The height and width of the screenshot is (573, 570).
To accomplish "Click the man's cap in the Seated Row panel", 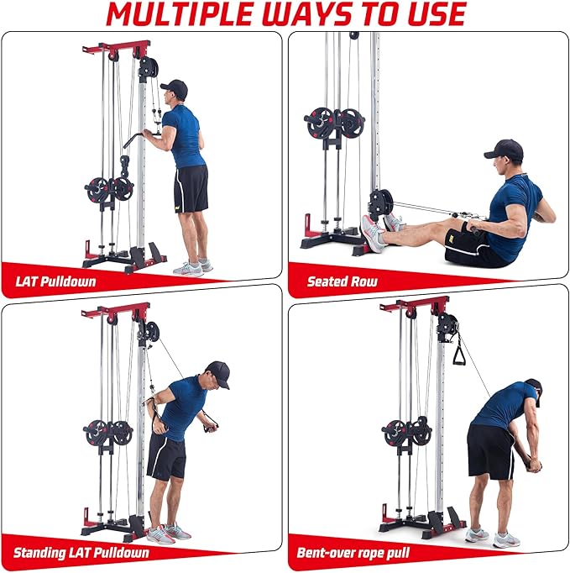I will (504, 150).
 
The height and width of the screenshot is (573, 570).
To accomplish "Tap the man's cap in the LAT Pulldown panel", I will (174, 87).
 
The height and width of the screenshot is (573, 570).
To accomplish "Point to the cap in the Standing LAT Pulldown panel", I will (217, 371).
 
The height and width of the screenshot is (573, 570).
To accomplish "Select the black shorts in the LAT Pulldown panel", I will (191, 187).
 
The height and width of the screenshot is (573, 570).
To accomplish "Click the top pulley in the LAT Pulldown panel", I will (148, 68).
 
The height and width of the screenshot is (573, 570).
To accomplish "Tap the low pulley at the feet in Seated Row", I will (380, 202).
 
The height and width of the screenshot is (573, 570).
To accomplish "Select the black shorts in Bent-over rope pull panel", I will (489, 449).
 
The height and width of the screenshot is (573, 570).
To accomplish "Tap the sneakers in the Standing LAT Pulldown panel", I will (166, 532).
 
